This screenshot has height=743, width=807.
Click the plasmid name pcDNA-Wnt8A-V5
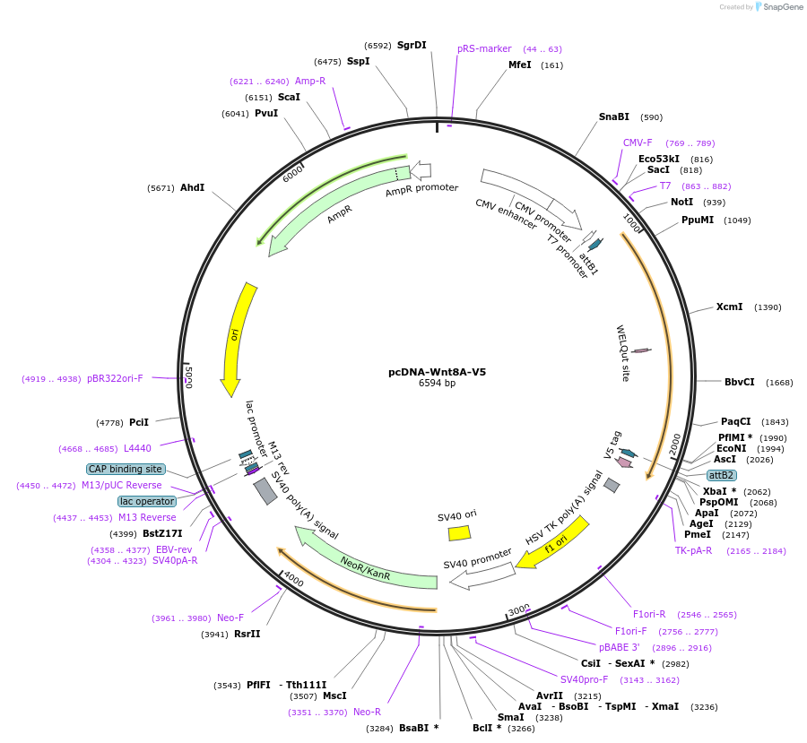pyautogui.click(x=437, y=372)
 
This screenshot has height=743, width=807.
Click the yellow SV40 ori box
pyautogui.click(x=459, y=532)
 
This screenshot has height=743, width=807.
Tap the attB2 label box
pyautogui.click(x=721, y=475)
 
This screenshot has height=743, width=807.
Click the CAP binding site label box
pyautogui.click(x=126, y=469)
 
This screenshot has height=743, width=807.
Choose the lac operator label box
pyautogui.click(x=147, y=501)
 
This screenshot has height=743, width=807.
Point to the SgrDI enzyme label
pyautogui.click(x=412, y=45)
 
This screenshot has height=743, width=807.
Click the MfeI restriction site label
pyautogui.click(x=520, y=65)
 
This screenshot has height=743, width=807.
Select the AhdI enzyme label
pyautogui.click(x=192, y=188)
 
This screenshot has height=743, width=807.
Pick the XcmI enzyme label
pyautogui.click(x=729, y=307)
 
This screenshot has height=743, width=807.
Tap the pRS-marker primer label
pyautogui.click(x=484, y=48)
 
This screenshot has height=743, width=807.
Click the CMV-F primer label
pyautogui.click(x=638, y=143)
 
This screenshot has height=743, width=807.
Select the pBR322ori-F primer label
pyautogui.click(x=115, y=378)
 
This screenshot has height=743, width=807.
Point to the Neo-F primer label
pyautogui.click(x=230, y=618)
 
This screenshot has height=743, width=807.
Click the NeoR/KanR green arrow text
pyautogui.click(x=366, y=567)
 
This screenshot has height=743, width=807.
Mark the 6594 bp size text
pyautogui.click(x=437, y=384)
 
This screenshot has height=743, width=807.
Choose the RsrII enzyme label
pyautogui.click(x=247, y=634)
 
